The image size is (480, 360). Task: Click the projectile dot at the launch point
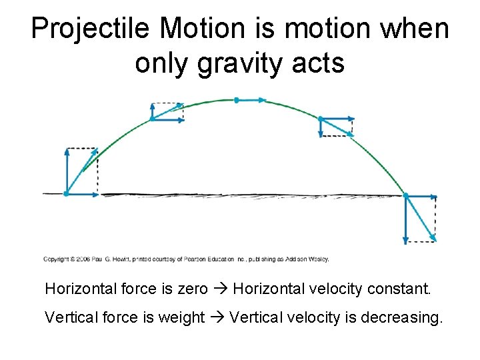tap(66, 194)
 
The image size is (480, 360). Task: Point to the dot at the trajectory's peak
tap(236, 100)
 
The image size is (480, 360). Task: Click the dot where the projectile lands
tap(406, 195)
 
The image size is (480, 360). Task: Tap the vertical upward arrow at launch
tap(67, 170)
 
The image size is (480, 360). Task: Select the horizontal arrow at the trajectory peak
tap(251, 100)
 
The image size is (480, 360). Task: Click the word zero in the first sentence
tap(193, 289)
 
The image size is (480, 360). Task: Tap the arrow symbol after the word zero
tap(221, 289)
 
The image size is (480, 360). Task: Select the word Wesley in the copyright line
tap(318, 259)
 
